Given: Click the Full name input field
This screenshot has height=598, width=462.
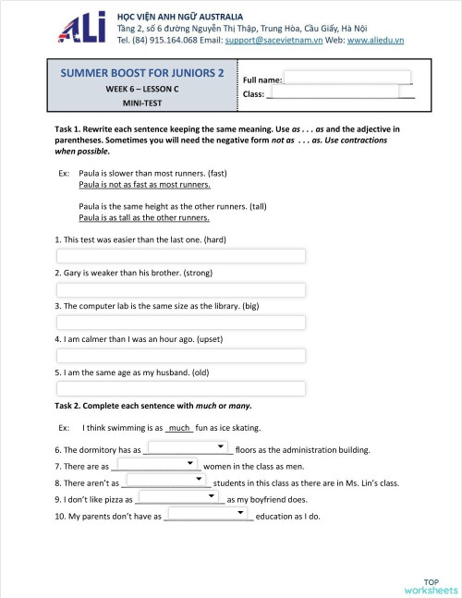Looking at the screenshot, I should pos(346,78).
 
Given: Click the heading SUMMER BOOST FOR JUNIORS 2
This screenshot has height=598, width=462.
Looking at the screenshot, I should pos(142,73).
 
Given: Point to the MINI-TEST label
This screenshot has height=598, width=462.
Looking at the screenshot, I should pos(142,104).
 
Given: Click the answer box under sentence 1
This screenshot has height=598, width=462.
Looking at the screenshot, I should pos(181,256).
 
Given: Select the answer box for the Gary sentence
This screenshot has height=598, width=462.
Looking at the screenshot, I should pos(181,289).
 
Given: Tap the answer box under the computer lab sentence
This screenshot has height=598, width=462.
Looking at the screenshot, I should pos(181,323).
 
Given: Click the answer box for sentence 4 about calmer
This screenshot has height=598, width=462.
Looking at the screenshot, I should pos(181,356).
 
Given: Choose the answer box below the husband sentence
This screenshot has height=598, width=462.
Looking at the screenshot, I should pos(181,389).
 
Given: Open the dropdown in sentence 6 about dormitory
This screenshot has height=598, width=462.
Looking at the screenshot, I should pos(188,447).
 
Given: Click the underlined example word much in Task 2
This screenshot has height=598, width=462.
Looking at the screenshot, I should pos(179,428).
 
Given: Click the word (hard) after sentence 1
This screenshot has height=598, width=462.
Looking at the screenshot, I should pos(213,239).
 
